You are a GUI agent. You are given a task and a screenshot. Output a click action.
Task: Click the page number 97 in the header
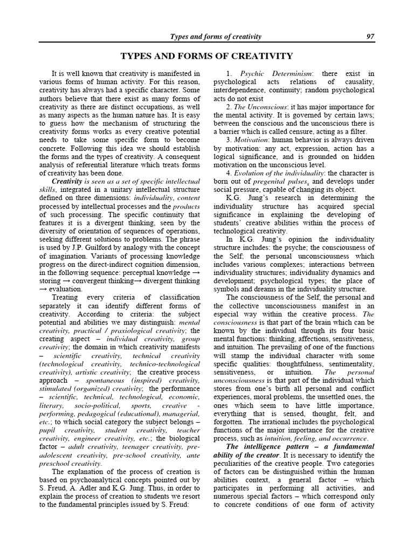click(x=370, y=37)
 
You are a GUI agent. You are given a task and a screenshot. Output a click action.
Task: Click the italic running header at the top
click(x=216, y=37)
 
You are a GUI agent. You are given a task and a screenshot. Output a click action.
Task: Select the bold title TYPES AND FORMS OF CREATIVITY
click(x=206, y=56)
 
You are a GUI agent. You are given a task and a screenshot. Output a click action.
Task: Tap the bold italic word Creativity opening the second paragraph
click(x=66, y=181)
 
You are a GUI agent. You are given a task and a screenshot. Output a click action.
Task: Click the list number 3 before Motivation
click(x=229, y=140)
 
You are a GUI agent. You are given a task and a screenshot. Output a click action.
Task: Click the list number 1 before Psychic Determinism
click(x=229, y=73)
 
